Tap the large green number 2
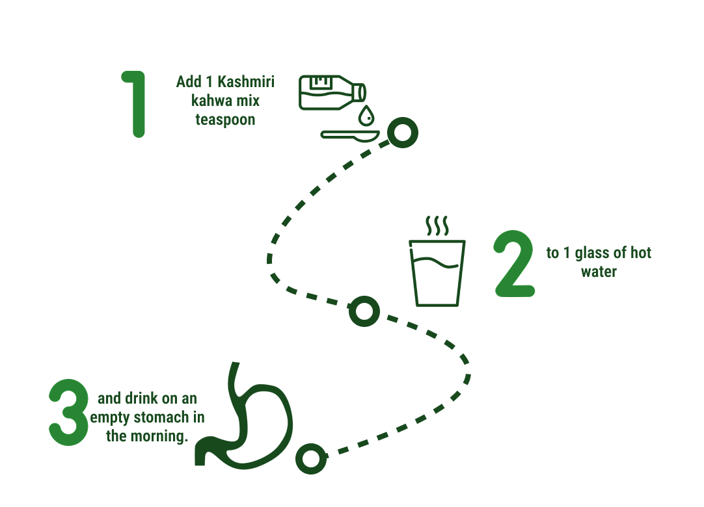515,264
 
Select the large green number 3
69,413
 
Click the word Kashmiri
246,82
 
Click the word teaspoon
225,120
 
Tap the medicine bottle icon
331,92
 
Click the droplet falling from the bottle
367,116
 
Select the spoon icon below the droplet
350,135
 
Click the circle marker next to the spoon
402,133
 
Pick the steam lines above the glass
437,226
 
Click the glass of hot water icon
437,273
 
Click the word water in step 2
599,272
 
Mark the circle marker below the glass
364,311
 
